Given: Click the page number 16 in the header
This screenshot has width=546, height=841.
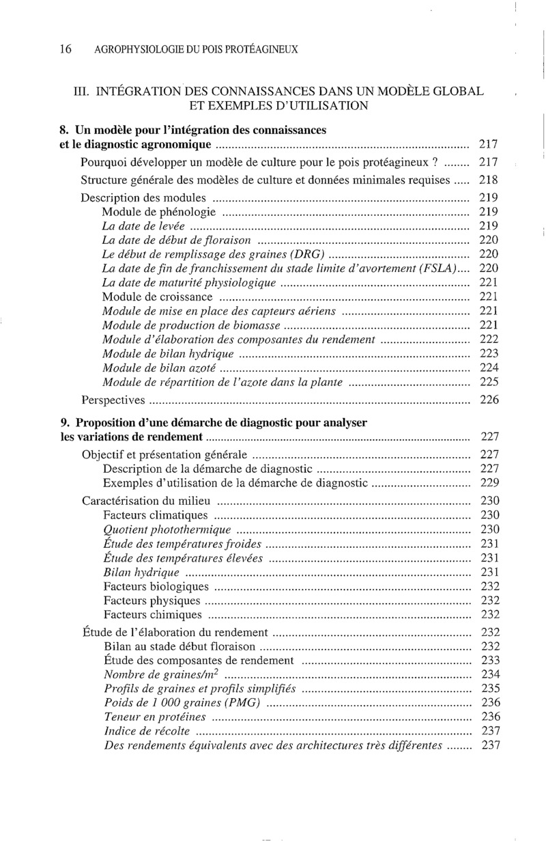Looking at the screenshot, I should tap(66, 49).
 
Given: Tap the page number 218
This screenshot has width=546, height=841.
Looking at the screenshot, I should tap(489, 180).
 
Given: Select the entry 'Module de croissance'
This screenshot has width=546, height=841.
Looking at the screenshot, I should tap(158, 297).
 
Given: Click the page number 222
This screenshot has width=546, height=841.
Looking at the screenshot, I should tap(489, 340).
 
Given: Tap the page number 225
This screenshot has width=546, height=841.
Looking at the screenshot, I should tap(489, 382).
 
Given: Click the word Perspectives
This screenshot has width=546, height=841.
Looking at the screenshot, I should tap(113, 400).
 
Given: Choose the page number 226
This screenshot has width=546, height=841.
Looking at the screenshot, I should tap(489, 400).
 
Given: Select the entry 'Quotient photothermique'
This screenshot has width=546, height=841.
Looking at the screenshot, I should tap(167, 529).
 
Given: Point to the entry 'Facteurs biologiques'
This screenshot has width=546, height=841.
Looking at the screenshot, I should tap(156, 586).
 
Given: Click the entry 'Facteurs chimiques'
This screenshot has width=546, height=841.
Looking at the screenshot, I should tap(150, 614).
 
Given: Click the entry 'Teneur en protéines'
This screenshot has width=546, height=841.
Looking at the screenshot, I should tap(155, 717).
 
